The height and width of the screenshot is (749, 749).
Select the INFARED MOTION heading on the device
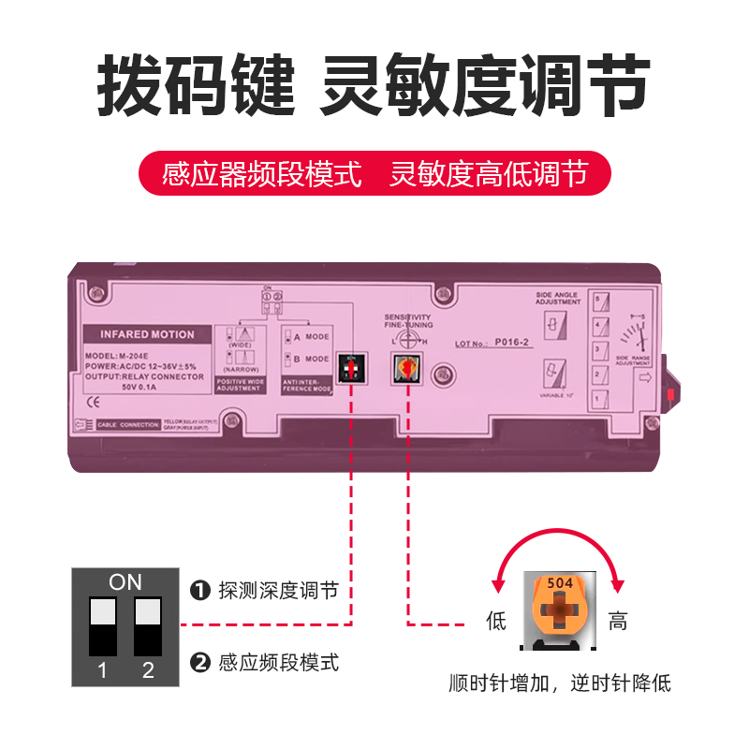(x=147, y=334)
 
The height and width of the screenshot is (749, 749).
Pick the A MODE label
(x=311, y=336)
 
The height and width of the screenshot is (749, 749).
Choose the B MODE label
(x=311, y=359)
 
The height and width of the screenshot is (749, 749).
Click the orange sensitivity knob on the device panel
(x=408, y=370)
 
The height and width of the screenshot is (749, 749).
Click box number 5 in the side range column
(x=597, y=301)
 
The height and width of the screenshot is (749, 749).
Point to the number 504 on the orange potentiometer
(x=559, y=580)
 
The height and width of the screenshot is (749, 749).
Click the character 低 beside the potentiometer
(x=496, y=621)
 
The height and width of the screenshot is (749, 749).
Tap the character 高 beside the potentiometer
(x=618, y=621)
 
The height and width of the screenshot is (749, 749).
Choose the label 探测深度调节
(x=278, y=591)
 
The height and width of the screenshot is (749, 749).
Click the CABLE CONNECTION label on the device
(x=128, y=424)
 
